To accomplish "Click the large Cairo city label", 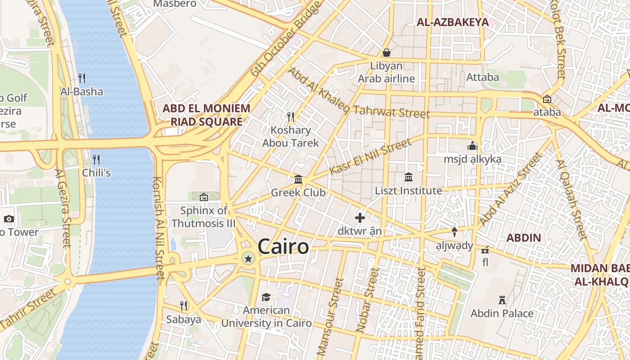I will [x=283, y=247].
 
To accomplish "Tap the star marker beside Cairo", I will [x=248, y=258].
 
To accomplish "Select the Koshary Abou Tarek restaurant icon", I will [x=291, y=117].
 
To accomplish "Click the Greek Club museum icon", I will [x=298, y=180].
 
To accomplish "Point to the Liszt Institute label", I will [x=409, y=191].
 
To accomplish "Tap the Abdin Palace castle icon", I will [x=502, y=300].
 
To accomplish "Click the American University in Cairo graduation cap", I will [x=266, y=297].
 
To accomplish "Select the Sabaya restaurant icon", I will [x=184, y=306].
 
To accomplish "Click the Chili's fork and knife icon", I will [x=96, y=159].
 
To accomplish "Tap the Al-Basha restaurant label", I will [x=82, y=92].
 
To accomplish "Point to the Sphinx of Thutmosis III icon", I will [x=203, y=197].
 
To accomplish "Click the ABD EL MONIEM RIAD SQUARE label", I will [x=206, y=115].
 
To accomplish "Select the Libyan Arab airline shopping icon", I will [x=386, y=53].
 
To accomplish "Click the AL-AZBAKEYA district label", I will [x=452, y=22].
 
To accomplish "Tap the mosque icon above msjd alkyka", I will [x=472, y=146].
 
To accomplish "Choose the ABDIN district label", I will [x=524, y=238].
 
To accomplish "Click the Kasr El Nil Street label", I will [x=370, y=157].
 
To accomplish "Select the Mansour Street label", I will [x=331, y=317].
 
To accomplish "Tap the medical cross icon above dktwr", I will [x=360, y=218].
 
